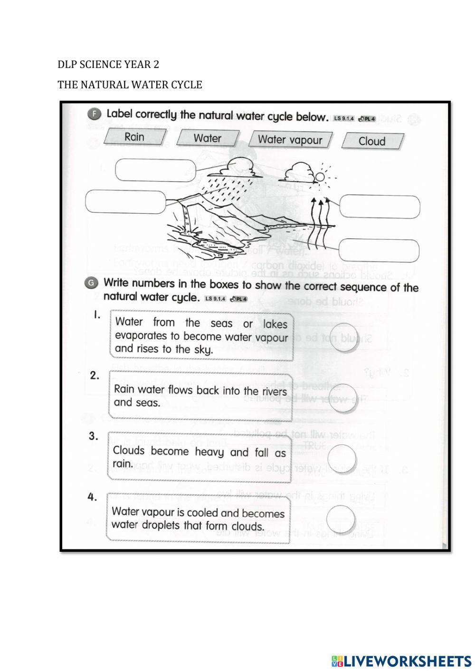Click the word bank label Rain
(x=134, y=137)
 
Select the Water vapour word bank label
(x=290, y=140)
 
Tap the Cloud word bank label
(x=372, y=141)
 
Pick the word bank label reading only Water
(x=207, y=138)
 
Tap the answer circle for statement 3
(x=342, y=457)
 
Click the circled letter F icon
(x=95, y=114)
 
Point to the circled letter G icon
(x=92, y=283)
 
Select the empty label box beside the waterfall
(x=125, y=202)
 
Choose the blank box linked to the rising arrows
(x=380, y=207)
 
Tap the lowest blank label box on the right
(x=379, y=250)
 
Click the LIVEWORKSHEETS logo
(x=401, y=661)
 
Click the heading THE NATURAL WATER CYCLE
(x=130, y=85)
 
